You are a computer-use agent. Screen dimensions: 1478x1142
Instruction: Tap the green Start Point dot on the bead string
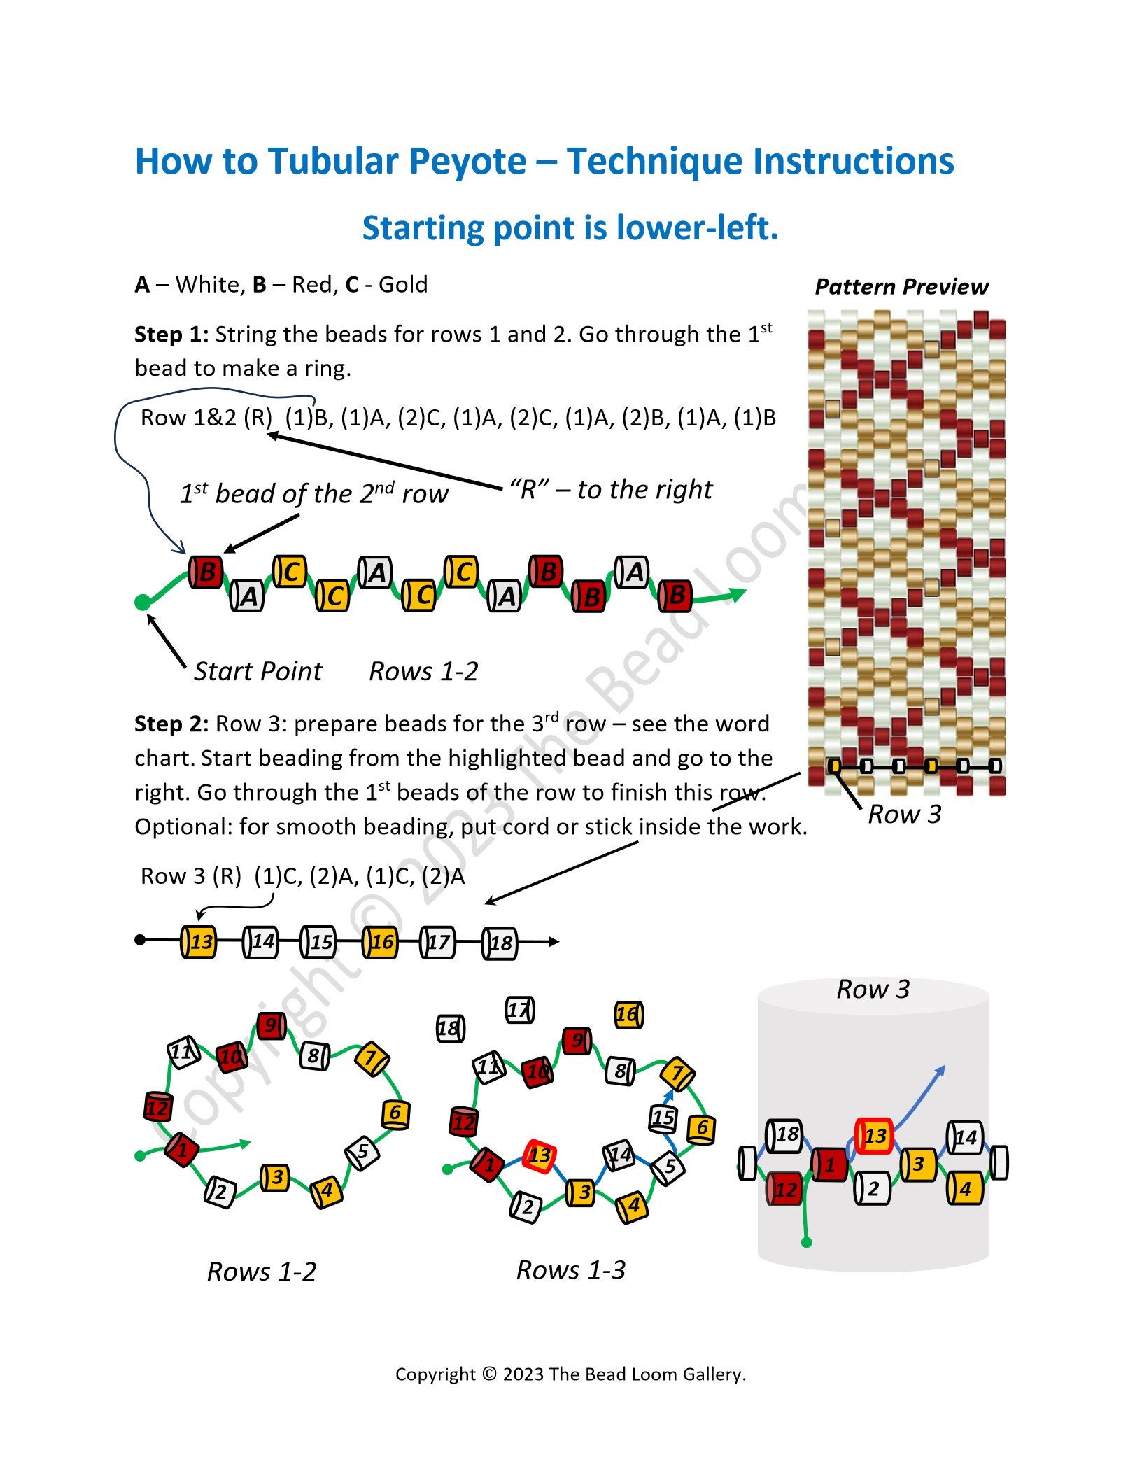coord(142,603)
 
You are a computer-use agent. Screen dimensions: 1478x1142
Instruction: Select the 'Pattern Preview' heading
coord(901,287)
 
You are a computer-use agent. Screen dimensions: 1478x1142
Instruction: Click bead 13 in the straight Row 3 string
coord(198,941)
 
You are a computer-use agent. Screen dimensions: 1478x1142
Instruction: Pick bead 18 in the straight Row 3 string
coord(500,943)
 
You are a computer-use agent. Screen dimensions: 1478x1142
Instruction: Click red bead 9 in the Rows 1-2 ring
coord(270,1027)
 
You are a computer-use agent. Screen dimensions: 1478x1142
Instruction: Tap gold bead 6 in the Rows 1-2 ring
coord(395,1113)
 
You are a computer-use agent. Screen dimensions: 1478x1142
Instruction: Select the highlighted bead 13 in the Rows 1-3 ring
coord(540,1155)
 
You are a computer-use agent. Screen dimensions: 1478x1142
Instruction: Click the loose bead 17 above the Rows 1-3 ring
coord(519,1010)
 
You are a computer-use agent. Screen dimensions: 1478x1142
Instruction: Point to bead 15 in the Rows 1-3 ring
coord(663,1118)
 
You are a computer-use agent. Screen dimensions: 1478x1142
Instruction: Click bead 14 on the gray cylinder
coord(964,1137)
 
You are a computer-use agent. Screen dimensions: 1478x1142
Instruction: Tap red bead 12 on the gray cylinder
coord(784,1189)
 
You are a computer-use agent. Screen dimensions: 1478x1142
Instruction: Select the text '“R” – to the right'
coord(611,490)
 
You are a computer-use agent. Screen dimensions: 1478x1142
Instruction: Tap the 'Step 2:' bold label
coord(171,724)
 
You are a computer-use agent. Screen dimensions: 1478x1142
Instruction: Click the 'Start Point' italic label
coord(258,671)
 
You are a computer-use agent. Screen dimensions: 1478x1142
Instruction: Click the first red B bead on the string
coord(206,572)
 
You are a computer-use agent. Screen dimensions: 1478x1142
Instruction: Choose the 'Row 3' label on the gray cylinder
coord(873,990)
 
